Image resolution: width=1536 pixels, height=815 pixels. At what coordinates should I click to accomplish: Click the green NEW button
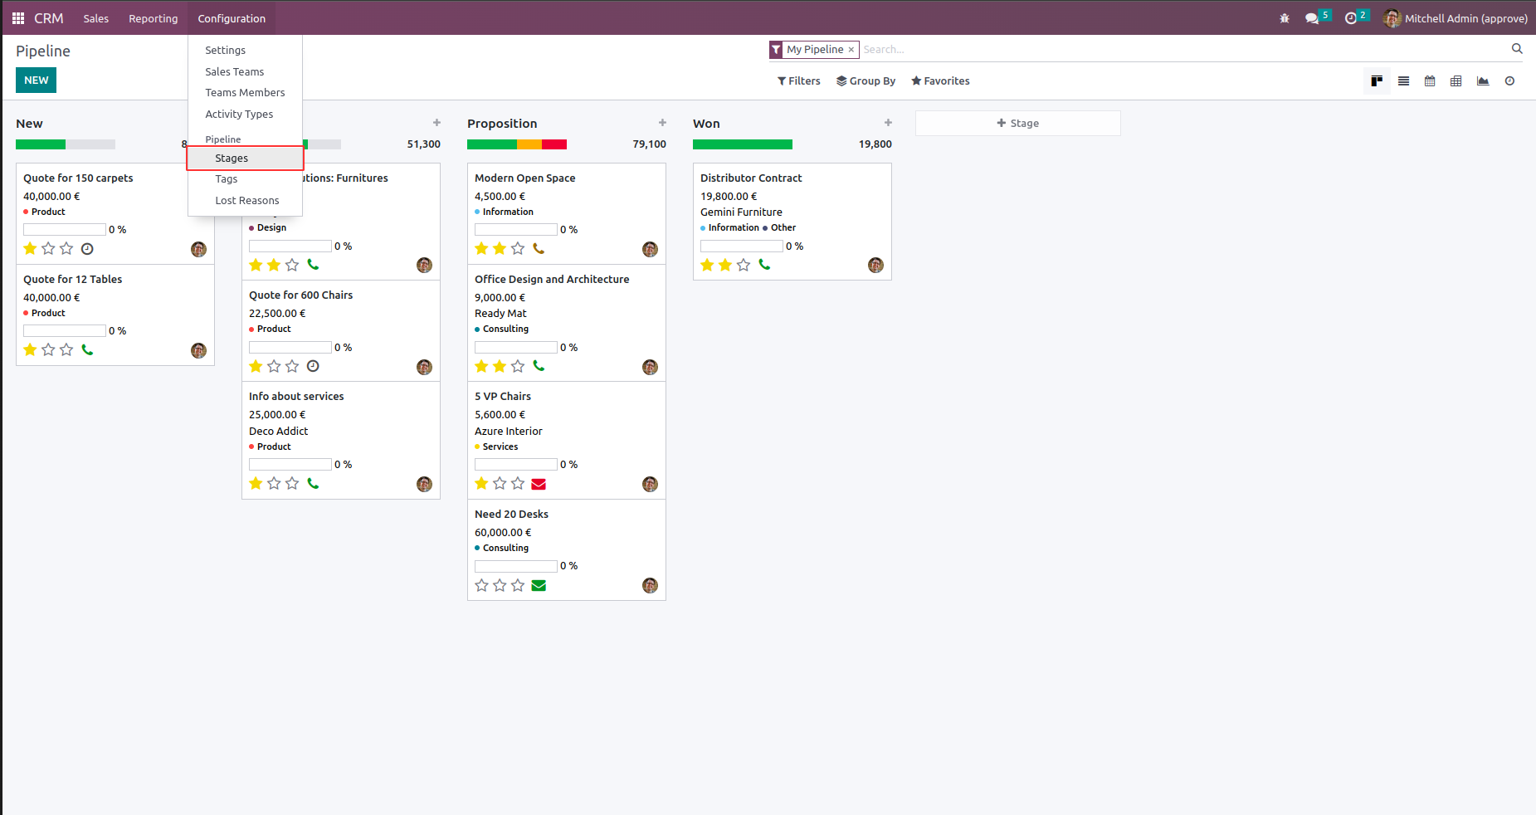coord(36,81)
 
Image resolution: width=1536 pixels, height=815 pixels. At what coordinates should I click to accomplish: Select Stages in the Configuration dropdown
coord(232,158)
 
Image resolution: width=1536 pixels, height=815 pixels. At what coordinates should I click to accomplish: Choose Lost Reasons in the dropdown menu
coord(246,201)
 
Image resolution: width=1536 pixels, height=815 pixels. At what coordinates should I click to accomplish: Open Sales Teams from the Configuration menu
coord(234,72)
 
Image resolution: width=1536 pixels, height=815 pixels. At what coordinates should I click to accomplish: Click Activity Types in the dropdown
coord(239,115)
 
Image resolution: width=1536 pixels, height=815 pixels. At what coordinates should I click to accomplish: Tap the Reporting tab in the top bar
coord(153,18)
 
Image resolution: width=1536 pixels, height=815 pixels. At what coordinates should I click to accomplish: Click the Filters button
coord(798,81)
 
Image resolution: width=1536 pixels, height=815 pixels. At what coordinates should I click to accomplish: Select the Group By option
coord(866,81)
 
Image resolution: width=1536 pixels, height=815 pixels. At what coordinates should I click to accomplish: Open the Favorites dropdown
coord(940,81)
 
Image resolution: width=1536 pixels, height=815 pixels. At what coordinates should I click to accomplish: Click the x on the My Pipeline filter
coord(851,50)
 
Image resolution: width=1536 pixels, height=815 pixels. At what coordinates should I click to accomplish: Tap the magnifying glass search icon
coord(1517,49)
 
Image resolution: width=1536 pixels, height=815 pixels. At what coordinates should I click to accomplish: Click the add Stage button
coord(1017,124)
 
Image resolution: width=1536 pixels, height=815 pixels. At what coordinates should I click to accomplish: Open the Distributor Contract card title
coord(750,178)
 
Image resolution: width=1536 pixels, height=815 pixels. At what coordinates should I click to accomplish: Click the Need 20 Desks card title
coord(511,515)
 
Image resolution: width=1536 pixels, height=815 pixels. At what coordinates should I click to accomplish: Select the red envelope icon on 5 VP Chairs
coord(539,484)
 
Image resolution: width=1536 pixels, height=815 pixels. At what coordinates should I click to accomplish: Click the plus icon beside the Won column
coord(888,123)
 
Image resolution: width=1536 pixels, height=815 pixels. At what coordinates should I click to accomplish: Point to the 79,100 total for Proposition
coord(649,144)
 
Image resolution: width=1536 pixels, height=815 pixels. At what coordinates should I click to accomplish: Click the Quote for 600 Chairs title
coord(300,295)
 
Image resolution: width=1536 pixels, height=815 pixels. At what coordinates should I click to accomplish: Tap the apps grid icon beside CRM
coord(18,18)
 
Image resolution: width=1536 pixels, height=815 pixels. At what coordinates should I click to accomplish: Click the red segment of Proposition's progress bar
coord(553,144)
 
